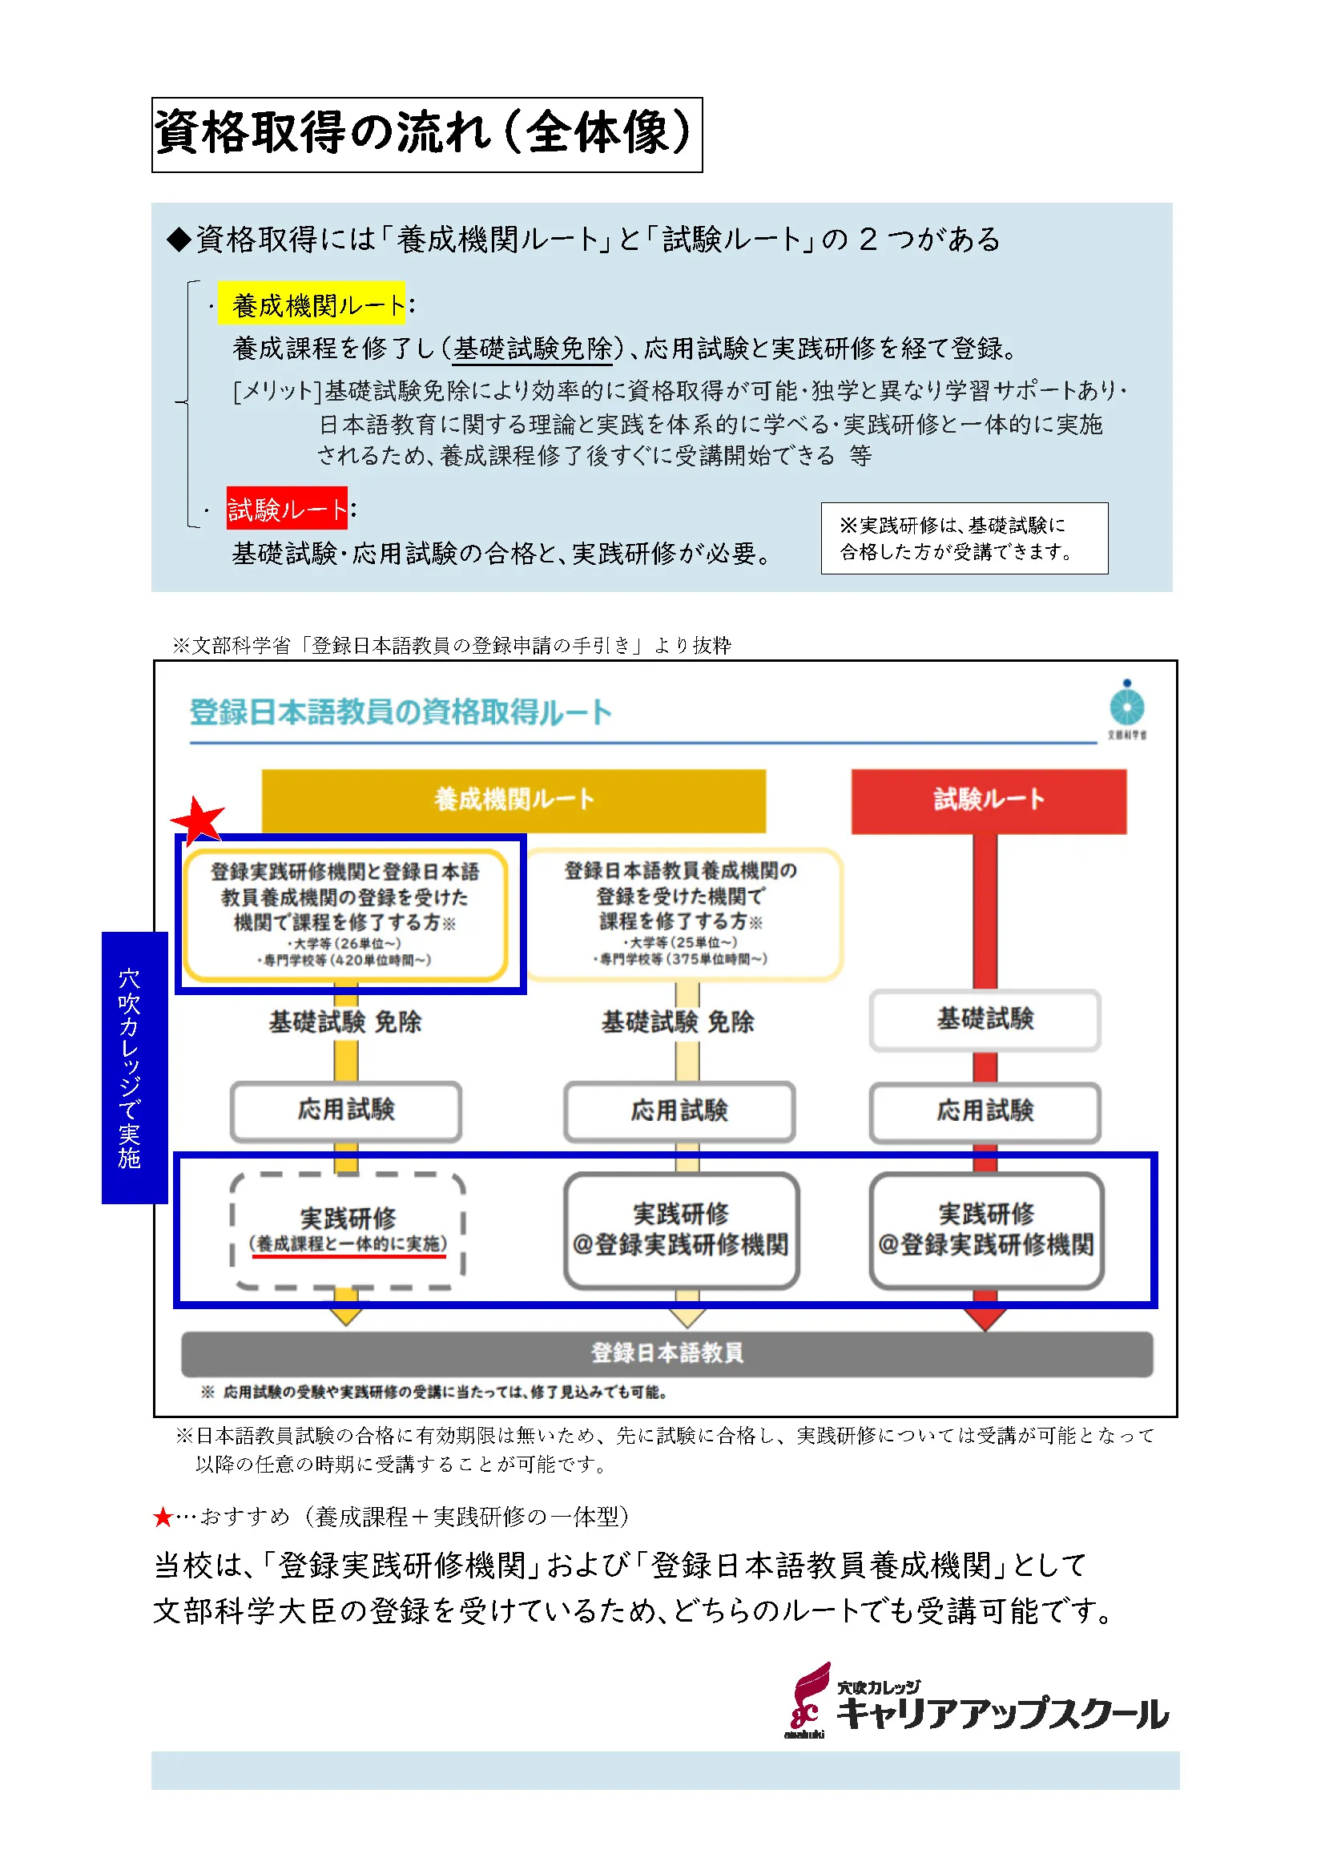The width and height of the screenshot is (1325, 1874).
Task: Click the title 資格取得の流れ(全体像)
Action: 426,135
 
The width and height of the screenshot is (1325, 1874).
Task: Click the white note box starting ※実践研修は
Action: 964,538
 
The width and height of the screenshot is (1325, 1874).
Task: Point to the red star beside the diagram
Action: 197,820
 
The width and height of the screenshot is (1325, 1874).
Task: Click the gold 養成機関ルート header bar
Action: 513,800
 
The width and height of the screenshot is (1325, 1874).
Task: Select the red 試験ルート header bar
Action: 988,800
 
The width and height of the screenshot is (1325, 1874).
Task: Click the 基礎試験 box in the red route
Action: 985,1019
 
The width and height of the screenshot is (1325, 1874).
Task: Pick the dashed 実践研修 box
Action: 348,1231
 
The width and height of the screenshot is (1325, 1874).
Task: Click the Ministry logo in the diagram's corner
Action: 1127,708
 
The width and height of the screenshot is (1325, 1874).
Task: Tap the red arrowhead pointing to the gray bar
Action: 985,1316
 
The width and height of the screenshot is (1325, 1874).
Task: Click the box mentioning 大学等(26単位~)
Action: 346,915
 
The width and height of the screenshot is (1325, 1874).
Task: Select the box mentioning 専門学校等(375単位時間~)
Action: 681,914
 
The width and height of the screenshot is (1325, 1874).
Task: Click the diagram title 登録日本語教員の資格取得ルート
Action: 400,712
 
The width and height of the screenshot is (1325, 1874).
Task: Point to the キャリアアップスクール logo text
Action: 1003,1712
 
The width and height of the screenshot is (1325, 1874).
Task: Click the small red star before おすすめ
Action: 163,1517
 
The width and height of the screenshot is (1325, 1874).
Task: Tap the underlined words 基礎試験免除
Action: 533,349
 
